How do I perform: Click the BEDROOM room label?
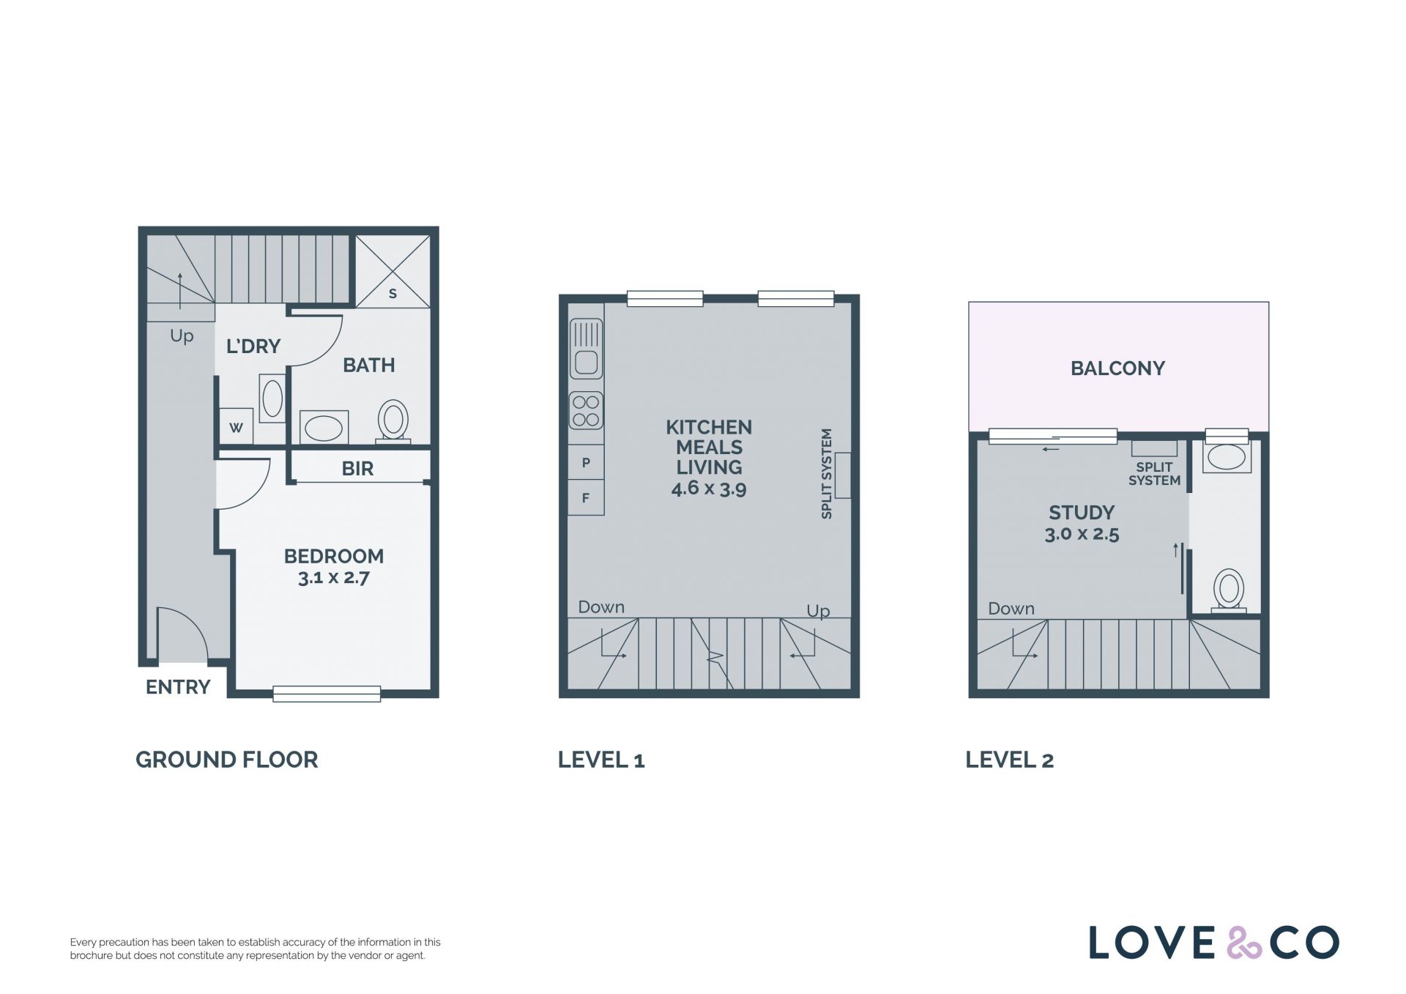point(334,556)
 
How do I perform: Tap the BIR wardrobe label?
point(357,469)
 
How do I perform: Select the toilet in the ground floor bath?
point(393,421)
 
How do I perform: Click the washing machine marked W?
point(236,426)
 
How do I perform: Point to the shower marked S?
point(393,270)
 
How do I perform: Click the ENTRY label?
point(178,687)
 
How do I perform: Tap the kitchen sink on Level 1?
point(586,349)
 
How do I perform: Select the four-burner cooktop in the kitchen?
point(586,411)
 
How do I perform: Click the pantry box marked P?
point(586,462)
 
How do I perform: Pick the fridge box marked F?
point(586,498)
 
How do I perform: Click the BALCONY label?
point(1117,368)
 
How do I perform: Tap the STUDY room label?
point(1082,513)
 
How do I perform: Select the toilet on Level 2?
point(1229,590)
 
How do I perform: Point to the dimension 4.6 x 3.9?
point(709,489)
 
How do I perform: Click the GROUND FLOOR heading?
point(227,760)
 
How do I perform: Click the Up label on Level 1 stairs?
point(818,611)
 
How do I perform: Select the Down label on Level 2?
point(1011,608)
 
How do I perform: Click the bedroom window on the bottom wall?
point(327,694)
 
